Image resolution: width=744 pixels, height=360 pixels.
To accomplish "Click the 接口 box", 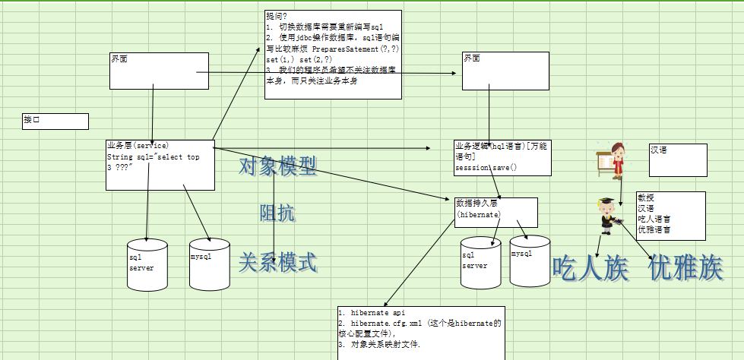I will coord(55,122).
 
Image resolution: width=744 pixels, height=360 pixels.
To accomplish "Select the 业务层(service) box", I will coord(160,164).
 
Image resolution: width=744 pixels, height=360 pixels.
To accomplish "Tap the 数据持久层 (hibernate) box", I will coord(496,213).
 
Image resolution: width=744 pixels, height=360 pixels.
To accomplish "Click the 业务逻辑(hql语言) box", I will coord(502,157).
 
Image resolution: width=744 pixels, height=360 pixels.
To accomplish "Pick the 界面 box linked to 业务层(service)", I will coord(159,71).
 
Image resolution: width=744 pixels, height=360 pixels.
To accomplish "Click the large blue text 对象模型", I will coord(278,166).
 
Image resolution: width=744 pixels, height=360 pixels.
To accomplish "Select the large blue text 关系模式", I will coord(278,263).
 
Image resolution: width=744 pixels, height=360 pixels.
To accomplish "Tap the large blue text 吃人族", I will coord(590,267).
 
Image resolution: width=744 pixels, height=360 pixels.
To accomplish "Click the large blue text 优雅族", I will coord(686,267).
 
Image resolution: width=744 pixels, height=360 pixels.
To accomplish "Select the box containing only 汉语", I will coord(678,159).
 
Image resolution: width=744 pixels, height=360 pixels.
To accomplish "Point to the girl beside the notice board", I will coord(618,161).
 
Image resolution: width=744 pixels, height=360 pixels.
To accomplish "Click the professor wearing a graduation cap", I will coord(606,214).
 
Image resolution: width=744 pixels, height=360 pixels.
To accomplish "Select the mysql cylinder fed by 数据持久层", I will coord(530,261).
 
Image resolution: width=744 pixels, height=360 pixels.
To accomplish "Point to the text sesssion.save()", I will coord(486,167).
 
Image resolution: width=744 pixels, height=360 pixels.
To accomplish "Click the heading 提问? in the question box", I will coord(277,15).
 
